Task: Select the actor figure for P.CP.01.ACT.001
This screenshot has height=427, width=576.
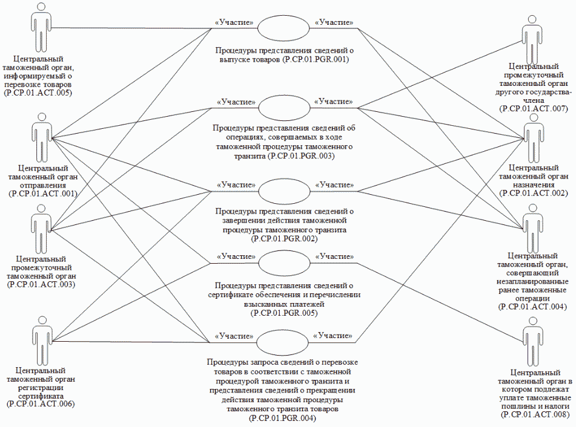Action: [41, 137]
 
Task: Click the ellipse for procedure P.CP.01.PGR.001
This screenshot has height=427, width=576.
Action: [284, 28]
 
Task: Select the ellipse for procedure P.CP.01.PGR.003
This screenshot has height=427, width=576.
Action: [284, 108]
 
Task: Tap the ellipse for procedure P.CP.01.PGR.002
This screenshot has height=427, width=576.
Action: [284, 192]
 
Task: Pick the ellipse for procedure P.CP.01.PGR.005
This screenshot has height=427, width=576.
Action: [284, 264]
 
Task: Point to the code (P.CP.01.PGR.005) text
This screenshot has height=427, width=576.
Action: [284, 314]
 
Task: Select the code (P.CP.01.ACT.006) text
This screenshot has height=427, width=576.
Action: [41, 403]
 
